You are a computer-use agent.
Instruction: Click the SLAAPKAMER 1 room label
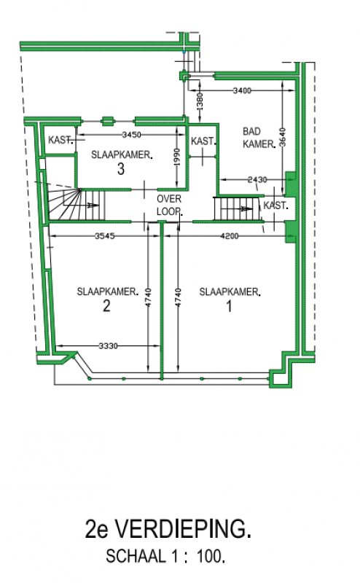tap(230, 300)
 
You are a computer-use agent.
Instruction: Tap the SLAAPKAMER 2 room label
tap(107, 300)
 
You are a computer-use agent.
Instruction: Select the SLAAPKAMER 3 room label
tap(122, 163)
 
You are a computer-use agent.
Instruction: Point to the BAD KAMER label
tap(259, 138)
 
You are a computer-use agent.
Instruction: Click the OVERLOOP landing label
tap(169, 206)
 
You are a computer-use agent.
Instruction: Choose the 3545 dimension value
tap(105, 235)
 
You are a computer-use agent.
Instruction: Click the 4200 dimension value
tap(230, 235)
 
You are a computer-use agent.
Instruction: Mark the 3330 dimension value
tap(109, 346)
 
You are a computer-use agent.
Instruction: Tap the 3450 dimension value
tap(132, 135)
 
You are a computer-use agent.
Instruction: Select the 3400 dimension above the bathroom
tap(242, 90)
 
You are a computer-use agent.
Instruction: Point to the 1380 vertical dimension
tap(200, 101)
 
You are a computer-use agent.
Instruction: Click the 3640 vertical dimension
tap(282, 137)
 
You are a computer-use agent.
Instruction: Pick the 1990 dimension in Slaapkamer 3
tap(177, 157)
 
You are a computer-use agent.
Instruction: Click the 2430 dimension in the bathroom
tap(257, 179)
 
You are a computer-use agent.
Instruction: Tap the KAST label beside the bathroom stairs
tap(275, 206)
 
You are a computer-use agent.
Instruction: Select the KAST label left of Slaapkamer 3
tap(60, 140)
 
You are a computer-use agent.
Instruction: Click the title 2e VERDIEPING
tap(168, 529)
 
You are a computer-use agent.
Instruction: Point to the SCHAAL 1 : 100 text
tap(165, 556)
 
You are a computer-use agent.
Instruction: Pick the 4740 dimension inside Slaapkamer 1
tap(178, 297)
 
